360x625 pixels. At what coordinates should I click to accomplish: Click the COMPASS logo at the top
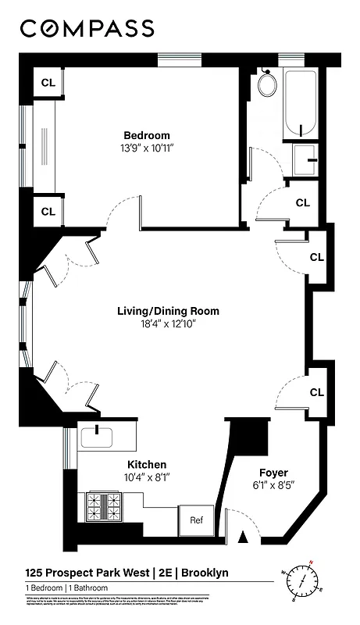tap(87, 29)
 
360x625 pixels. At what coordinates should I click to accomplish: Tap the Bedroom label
tap(146, 135)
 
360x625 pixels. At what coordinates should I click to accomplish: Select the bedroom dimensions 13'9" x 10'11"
tap(146, 148)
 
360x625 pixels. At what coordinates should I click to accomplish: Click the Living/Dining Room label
tap(168, 311)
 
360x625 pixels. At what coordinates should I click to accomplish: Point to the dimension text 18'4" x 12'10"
tap(168, 323)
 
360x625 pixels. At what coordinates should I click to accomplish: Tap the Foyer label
tap(273, 473)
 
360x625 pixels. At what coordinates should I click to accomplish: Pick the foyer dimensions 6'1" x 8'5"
tap(273, 485)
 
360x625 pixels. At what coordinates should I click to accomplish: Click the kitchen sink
tap(96, 438)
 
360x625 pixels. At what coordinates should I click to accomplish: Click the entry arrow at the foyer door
tap(243, 537)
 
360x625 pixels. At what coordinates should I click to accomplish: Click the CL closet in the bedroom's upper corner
tap(48, 84)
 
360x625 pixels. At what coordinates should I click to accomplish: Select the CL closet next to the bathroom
tap(302, 202)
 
